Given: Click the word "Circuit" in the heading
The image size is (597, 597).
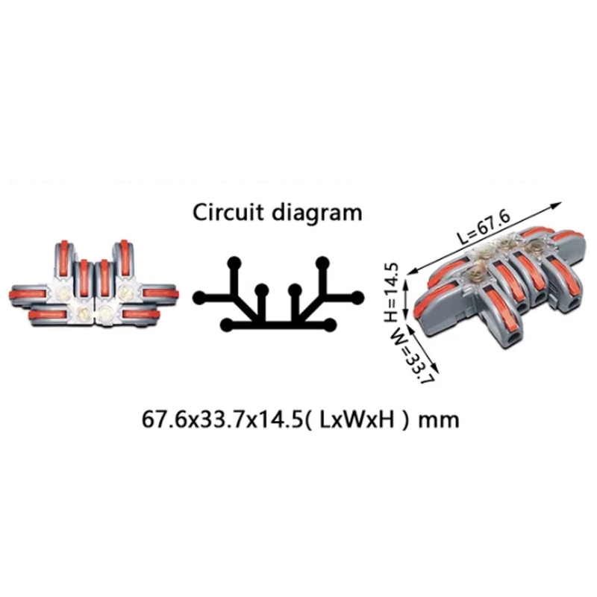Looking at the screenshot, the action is [228, 212].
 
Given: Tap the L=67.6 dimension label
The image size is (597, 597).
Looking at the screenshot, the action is [484, 227].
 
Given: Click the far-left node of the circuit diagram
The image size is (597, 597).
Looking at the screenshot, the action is [200, 298].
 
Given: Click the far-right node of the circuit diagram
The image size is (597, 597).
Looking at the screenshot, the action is [357, 298].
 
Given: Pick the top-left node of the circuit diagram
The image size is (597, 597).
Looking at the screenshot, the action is [234, 263].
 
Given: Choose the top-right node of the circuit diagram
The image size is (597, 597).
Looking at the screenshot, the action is [323, 263].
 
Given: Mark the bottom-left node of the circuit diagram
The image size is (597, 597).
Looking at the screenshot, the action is [228, 325].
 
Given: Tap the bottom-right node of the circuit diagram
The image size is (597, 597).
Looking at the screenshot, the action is [330, 325].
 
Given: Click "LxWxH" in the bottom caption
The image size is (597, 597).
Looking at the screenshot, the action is [357, 419].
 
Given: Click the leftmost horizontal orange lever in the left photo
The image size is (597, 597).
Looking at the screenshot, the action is [28, 294].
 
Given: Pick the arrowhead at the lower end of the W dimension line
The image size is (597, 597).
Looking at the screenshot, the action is [435, 369].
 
